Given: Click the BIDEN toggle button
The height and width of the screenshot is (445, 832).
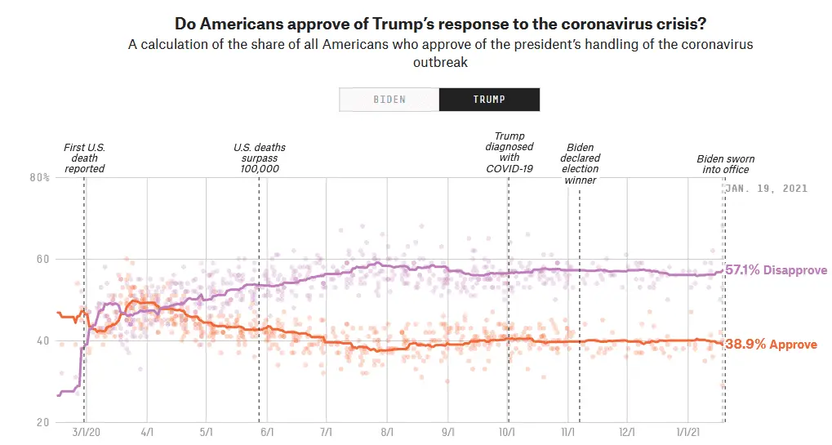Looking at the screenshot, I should [x=389, y=100].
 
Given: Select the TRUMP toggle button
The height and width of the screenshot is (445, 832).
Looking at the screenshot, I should [x=489, y=100].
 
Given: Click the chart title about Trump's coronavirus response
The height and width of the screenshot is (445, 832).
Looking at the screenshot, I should [x=440, y=22].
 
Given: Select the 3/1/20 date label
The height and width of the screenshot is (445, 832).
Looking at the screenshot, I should [x=85, y=431].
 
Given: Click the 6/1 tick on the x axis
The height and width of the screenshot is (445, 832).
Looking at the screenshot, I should [x=266, y=431].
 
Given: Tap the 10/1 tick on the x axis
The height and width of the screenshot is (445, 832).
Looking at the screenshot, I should [x=506, y=431].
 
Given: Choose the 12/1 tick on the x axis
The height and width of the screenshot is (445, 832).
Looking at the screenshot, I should [x=627, y=431].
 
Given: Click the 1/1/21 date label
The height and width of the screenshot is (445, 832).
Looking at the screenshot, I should [x=687, y=431].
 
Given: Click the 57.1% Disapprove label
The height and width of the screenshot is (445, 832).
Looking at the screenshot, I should [x=776, y=270].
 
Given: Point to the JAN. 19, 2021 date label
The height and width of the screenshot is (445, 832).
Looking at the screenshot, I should [x=767, y=189].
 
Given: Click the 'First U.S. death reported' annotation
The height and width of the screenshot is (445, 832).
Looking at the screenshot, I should [x=84, y=158].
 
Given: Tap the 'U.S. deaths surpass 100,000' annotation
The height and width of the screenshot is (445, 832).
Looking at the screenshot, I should [x=260, y=158].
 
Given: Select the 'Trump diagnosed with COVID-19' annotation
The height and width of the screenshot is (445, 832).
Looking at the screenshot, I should [x=509, y=153].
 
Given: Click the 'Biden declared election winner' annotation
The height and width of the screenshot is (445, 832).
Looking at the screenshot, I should [x=581, y=163].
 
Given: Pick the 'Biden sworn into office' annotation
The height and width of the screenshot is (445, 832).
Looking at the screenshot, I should [x=725, y=164].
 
